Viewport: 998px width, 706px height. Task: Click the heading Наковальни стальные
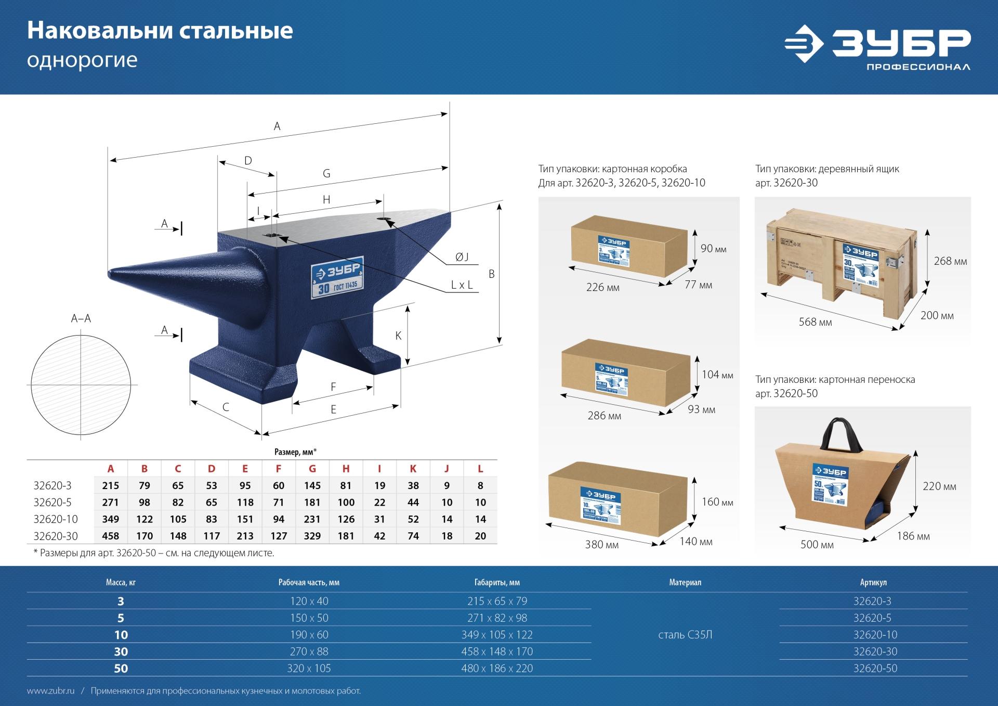point(160,31)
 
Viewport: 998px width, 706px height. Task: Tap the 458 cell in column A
point(111,536)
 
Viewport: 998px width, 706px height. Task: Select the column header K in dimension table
point(413,469)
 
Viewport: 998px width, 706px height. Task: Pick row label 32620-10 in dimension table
point(56,519)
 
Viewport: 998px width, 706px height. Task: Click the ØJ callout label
point(462,257)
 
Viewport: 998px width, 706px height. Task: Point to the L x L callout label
point(462,285)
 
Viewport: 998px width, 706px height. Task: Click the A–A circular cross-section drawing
point(81,385)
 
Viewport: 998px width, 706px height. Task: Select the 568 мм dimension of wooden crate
point(815,323)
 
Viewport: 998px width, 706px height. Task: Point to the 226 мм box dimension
point(602,287)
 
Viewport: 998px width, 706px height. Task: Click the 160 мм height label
point(717,502)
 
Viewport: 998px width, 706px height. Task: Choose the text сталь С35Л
point(685,635)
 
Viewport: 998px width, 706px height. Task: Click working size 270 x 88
point(309,651)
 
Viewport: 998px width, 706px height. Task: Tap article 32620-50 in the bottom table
point(875,668)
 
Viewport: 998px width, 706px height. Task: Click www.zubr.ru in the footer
point(50,691)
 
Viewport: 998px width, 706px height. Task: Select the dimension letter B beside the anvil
point(492,274)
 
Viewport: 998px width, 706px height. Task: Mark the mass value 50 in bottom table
point(121,669)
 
